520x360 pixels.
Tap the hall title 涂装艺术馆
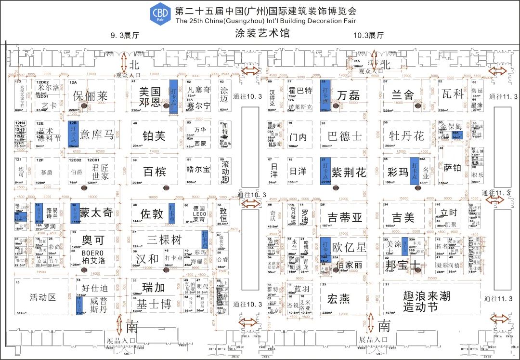262,33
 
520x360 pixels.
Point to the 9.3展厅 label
125,35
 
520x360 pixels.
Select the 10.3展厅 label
368,35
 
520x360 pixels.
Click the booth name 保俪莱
91,96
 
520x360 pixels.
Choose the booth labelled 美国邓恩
149,96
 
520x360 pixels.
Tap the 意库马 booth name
97,135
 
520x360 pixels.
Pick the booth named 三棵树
165,240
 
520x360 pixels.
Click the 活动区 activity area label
43,297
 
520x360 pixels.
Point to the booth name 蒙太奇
96,213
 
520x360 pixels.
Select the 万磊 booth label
348,95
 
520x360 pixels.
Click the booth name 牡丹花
407,136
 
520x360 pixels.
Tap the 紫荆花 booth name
348,172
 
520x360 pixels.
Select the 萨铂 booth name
453,168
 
